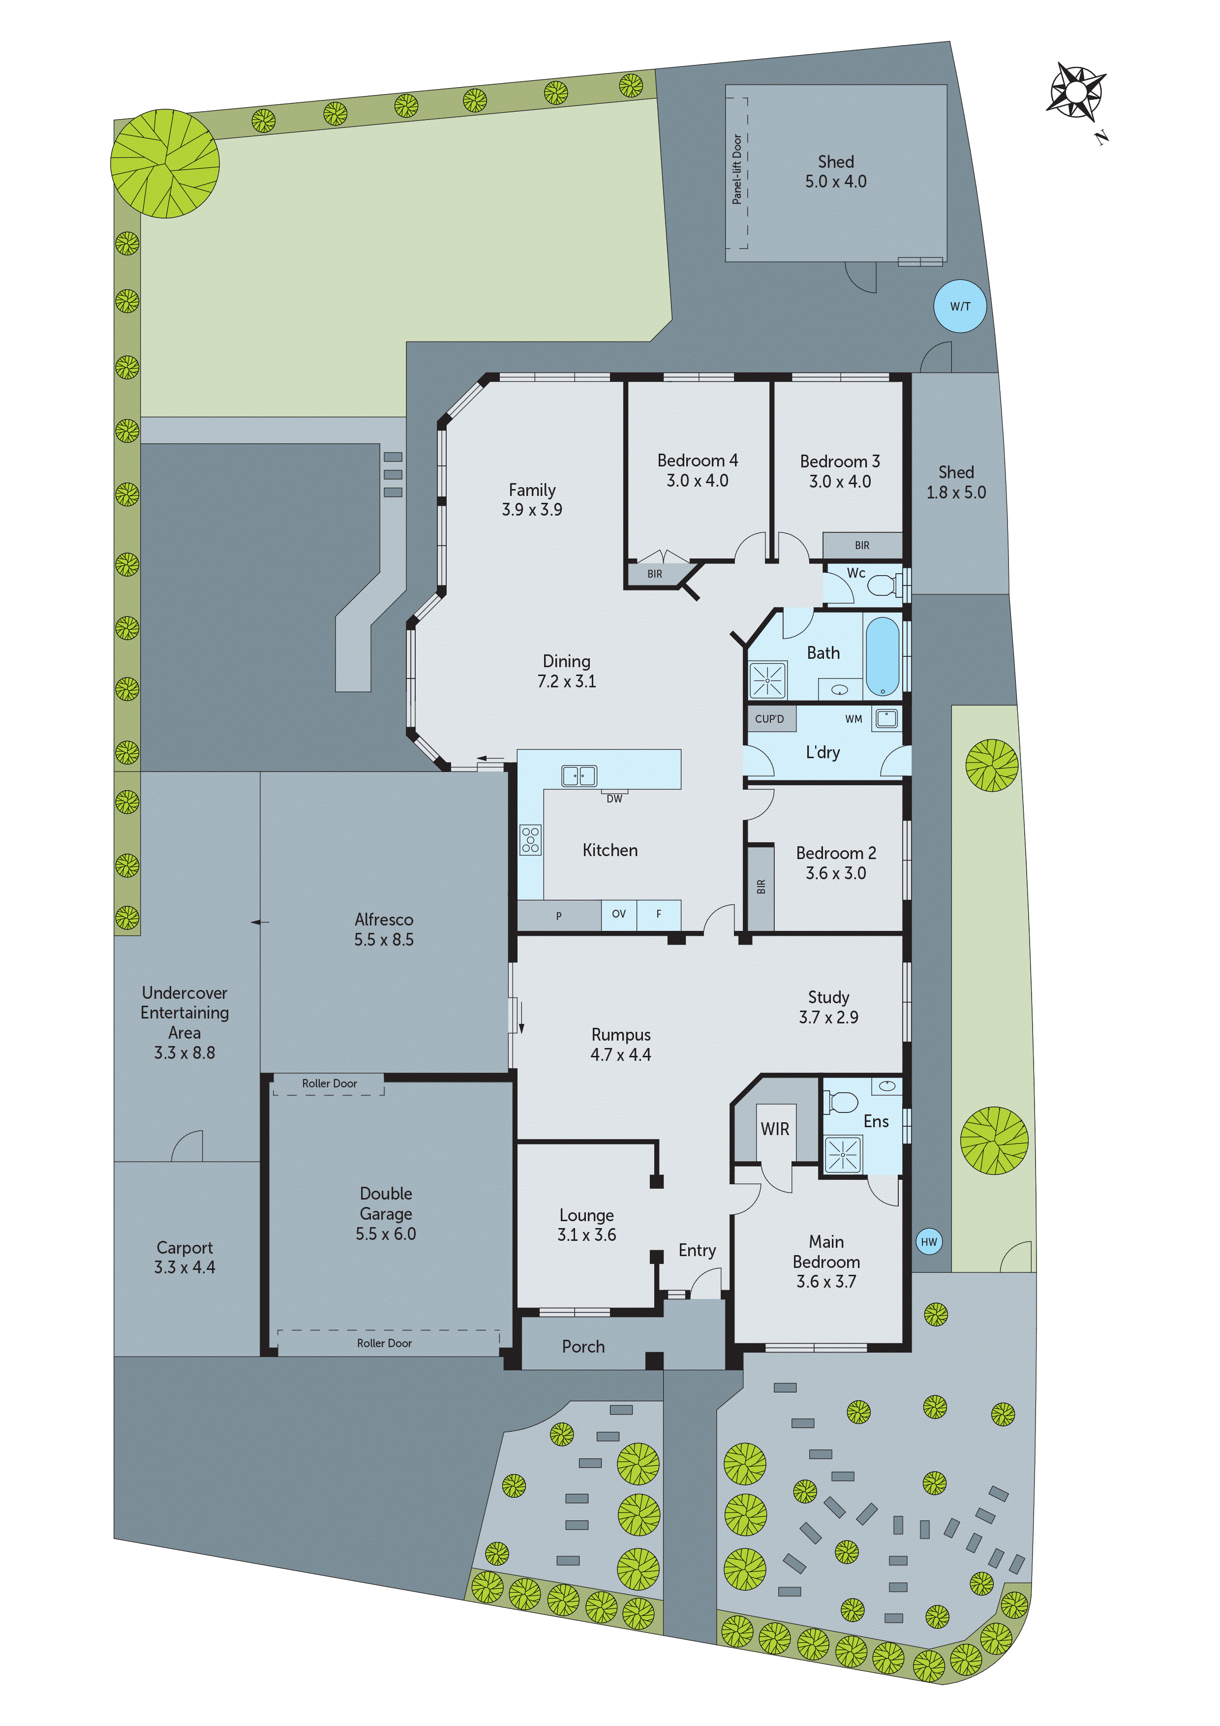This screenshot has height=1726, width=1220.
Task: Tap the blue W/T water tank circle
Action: (x=960, y=306)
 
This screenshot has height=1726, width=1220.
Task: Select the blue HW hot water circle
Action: (x=929, y=1242)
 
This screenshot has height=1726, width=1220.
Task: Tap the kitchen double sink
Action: (x=579, y=776)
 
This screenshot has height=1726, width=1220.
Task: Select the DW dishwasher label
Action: (x=614, y=799)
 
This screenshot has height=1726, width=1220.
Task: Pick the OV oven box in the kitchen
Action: (x=619, y=914)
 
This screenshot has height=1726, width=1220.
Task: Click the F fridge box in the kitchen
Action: (x=659, y=914)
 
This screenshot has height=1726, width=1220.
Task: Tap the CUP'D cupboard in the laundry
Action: (x=770, y=719)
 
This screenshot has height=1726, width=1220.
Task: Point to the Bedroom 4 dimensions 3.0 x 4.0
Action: (x=698, y=480)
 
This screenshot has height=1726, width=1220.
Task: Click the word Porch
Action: (x=583, y=1346)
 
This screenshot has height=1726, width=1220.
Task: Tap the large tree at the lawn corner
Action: (x=165, y=163)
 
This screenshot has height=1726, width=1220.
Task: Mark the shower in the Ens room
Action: (x=843, y=1154)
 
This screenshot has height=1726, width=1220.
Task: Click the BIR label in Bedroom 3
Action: (x=862, y=545)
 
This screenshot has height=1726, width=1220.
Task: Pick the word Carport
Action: (x=185, y=1248)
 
